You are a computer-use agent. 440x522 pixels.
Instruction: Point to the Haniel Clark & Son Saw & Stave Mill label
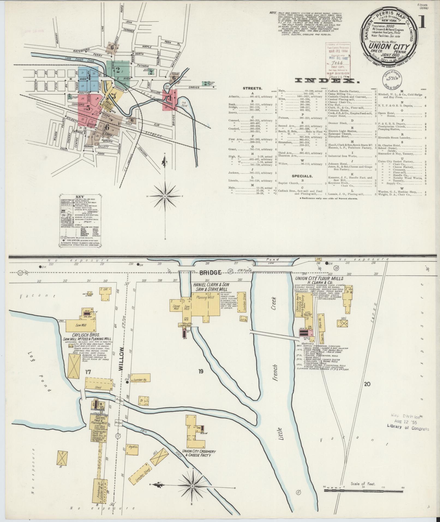pos(211,287)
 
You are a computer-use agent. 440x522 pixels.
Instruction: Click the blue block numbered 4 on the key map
pos(89,77)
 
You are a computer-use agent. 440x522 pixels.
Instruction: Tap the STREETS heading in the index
pos(253,88)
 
